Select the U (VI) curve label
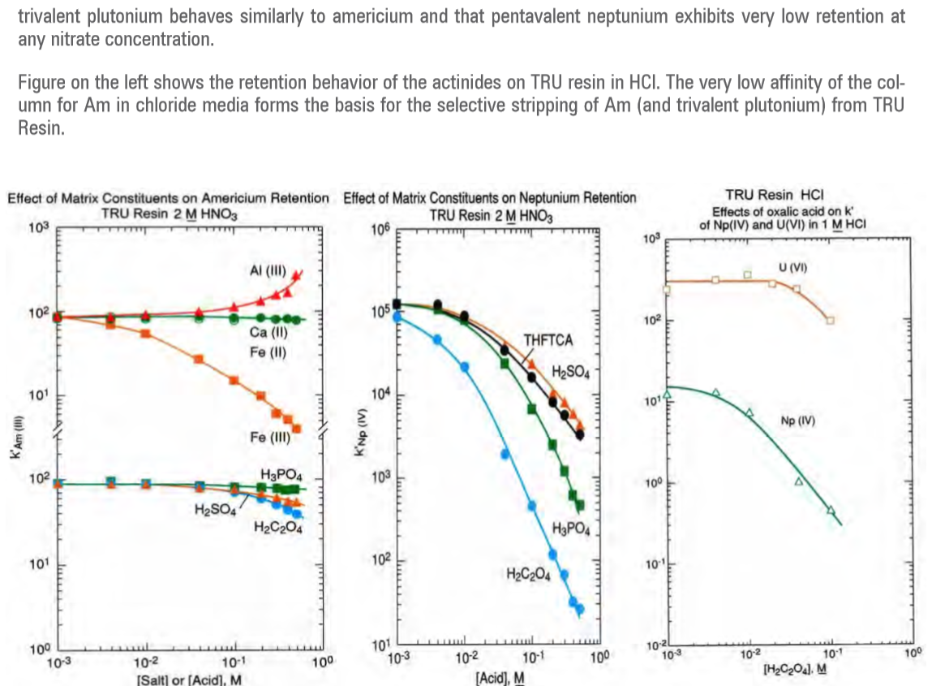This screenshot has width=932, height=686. click(792, 266)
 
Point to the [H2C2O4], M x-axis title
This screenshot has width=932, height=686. click(796, 668)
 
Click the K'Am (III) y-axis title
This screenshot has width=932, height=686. click(14, 449)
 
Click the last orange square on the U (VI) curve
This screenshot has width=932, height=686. click(830, 321)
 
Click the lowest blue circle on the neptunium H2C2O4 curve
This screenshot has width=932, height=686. click(579, 608)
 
